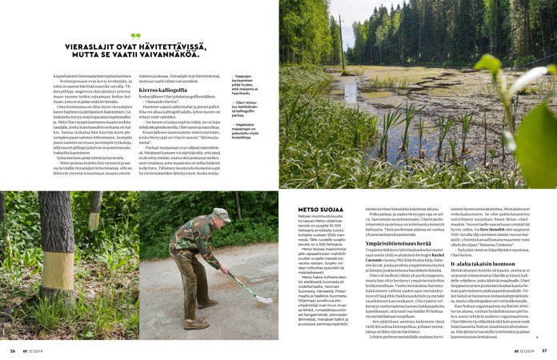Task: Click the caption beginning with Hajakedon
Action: [245, 129]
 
